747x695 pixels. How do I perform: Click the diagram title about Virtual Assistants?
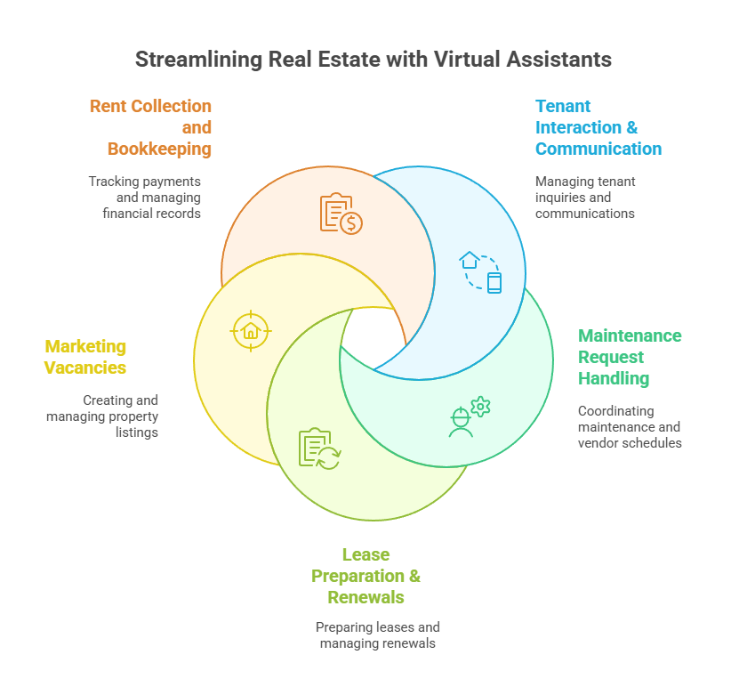[373, 60]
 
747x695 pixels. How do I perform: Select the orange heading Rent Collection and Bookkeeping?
[151, 127]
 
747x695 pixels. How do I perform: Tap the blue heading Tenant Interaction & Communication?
[598, 127]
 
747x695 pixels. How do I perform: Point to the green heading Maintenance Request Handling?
[630, 357]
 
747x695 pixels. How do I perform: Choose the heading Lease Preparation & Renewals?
[365, 576]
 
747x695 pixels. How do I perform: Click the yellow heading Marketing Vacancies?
[85, 357]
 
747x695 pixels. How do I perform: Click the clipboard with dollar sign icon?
[341, 213]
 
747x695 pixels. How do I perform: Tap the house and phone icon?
[481, 271]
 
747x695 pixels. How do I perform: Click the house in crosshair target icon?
[250, 330]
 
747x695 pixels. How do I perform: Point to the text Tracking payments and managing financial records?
[144, 197]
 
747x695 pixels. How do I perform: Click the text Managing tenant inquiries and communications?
[585, 197]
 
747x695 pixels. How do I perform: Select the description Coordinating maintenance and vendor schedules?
[630, 427]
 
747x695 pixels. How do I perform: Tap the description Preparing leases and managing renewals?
[377, 634]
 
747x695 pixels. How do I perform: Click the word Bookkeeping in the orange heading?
[159, 149]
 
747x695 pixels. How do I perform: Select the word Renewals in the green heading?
[365, 597]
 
